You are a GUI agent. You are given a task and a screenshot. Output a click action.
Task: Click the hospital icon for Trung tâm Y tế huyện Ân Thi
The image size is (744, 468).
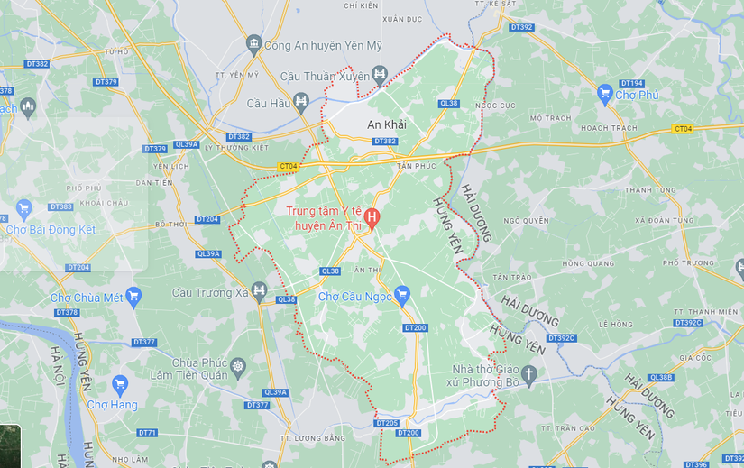pos(372,217)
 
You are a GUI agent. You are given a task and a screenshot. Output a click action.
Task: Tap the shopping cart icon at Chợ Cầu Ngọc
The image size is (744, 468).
pos(402,294)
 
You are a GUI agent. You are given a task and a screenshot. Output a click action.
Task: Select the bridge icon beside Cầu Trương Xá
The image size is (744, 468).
pos(260,290)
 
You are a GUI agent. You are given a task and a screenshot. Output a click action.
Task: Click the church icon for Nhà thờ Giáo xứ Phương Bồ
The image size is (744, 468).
pos(529,372)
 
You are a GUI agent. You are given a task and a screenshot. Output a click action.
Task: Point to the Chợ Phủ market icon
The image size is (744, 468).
pos(605,93)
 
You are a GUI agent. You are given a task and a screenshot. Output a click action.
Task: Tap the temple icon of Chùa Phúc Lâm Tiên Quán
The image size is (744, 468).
pos(238,366)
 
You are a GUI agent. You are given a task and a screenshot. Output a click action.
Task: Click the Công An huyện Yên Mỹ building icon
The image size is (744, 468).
pos(253,44)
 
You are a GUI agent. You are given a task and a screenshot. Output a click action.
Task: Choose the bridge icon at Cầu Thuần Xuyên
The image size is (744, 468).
pos(380,77)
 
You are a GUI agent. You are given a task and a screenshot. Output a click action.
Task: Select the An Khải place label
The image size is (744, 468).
pos(387,124)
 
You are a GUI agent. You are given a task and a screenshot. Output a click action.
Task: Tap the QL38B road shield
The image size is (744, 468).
pos(660,378)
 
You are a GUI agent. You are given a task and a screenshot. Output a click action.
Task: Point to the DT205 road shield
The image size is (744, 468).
pos(386,423)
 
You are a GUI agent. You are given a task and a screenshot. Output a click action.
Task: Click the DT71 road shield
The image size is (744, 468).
pos(147,433)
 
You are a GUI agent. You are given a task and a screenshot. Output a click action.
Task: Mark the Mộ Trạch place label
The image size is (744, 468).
pos(550,118)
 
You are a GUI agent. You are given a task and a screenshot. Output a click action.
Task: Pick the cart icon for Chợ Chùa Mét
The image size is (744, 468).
pos(133,295)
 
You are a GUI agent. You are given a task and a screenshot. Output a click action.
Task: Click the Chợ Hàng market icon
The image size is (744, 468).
pos(120,386)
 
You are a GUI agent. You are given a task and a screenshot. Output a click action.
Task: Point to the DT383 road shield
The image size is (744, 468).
pos(60,206)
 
